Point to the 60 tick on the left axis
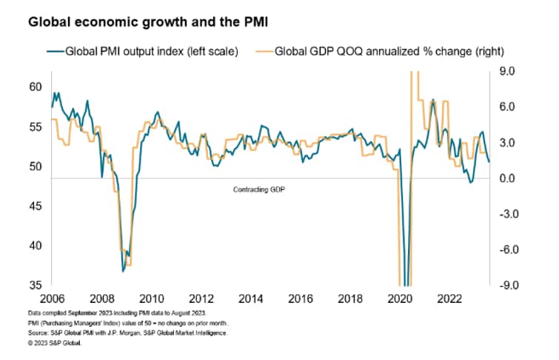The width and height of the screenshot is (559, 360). [x=36, y=87]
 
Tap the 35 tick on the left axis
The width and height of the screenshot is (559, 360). [x=36, y=285]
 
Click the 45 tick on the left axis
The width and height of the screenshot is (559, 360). [x=36, y=206]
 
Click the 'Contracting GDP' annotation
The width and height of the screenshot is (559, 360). [x=259, y=190]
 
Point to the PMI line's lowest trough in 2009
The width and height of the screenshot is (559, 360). [x=123, y=271]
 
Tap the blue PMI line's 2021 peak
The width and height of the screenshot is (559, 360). [x=432, y=99]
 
